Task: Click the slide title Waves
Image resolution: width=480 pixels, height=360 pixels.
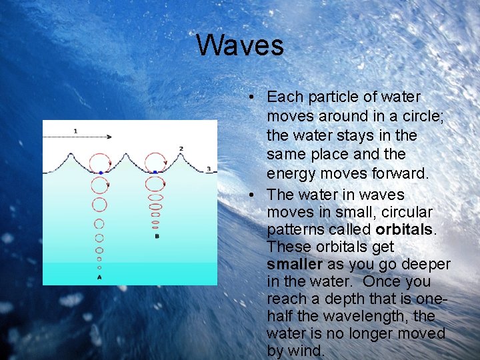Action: [240, 45]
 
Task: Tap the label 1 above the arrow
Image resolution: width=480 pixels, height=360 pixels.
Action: [75, 131]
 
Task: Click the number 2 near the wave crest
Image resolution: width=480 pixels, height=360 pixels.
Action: [181, 148]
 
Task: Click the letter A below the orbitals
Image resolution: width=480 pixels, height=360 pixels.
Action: [99, 277]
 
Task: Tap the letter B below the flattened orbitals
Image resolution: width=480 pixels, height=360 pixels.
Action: [156, 236]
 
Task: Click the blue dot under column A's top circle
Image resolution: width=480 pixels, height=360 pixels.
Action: [100, 173]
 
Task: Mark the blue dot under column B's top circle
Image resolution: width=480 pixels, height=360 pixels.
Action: [155, 172]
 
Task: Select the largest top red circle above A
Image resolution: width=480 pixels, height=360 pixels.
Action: [100, 161]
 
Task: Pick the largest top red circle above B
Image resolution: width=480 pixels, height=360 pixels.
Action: [155, 161]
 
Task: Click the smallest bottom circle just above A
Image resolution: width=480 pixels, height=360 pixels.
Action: [99, 267]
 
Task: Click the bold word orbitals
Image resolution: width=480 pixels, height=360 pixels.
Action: [405, 229]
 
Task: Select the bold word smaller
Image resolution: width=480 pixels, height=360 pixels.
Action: [294, 264]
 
